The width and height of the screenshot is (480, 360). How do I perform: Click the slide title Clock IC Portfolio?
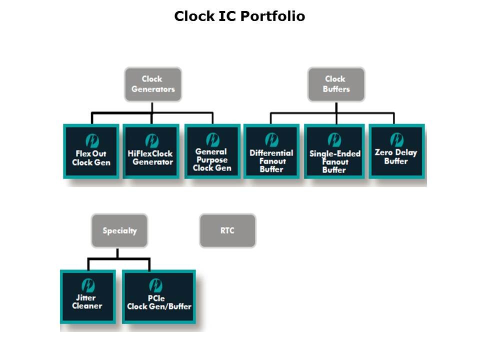[239, 16]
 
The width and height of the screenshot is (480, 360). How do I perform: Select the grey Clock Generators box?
[153, 84]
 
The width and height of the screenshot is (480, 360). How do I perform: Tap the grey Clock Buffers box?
[336, 84]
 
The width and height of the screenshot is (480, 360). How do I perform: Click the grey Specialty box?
[119, 230]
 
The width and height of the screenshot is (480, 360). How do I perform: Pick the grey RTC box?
[227, 230]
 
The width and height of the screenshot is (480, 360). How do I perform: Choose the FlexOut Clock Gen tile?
[91, 151]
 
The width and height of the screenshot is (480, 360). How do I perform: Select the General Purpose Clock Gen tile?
[211, 151]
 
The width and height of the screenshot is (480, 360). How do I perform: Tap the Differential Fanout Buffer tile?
[271, 151]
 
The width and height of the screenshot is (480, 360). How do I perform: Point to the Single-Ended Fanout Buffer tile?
[334, 151]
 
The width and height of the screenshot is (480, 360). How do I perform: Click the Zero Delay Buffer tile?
[396, 151]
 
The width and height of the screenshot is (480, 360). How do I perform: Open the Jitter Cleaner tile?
[87, 297]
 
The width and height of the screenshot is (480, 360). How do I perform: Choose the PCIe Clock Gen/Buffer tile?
[159, 297]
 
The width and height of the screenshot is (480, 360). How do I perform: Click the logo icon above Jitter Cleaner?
[88, 285]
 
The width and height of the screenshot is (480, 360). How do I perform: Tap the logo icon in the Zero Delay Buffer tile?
[396, 139]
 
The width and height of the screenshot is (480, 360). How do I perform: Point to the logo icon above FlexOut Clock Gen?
[92, 140]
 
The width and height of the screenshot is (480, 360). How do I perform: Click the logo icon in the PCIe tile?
[156, 285]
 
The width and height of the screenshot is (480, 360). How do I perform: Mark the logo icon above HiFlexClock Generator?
[152, 140]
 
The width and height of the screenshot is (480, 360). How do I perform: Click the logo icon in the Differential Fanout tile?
[271, 139]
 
